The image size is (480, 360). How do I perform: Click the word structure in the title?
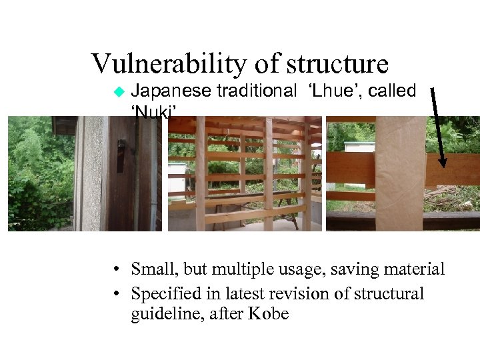(x=339, y=64)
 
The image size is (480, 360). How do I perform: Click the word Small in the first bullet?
(x=151, y=269)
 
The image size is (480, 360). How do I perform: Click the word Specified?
(x=163, y=294)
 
